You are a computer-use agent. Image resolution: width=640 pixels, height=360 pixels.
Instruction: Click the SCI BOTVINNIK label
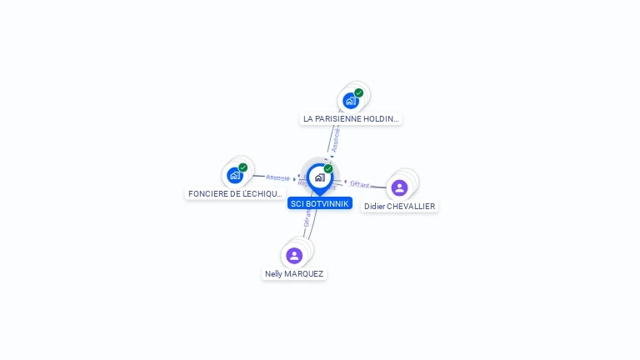pyautogui.click(x=320, y=203)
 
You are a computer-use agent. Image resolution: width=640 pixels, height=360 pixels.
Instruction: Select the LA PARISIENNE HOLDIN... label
pyautogui.click(x=351, y=119)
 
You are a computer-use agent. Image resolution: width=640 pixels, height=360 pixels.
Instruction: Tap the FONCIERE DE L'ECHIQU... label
pyautogui.click(x=235, y=193)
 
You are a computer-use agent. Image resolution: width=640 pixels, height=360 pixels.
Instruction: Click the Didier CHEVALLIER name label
pyautogui.click(x=399, y=206)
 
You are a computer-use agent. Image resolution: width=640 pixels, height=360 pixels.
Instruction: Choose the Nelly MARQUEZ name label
pyautogui.click(x=294, y=273)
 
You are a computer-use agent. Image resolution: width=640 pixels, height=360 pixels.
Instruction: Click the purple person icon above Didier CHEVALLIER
pyautogui.click(x=399, y=187)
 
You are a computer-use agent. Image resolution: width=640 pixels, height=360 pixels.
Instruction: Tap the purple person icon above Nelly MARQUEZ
pyautogui.click(x=294, y=255)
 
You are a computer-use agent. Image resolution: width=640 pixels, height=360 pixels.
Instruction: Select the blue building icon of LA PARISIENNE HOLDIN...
pyautogui.click(x=350, y=101)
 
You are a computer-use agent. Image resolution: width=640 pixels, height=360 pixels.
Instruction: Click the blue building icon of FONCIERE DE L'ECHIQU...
pyautogui.click(x=234, y=175)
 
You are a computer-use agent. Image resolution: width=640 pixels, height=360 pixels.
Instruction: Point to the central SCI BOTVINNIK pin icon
pyautogui.click(x=319, y=177)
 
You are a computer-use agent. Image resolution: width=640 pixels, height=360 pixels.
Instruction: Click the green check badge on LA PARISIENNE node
pyautogui.click(x=358, y=93)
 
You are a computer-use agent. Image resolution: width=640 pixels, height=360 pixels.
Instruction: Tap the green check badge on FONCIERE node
pyautogui.click(x=242, y=167)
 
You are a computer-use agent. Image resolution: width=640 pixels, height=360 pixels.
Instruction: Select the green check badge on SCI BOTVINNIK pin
pyautogui.click(x=328, y=169)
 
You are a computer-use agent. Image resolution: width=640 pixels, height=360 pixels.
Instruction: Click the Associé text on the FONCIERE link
pyautogui.click(x=277, y=177)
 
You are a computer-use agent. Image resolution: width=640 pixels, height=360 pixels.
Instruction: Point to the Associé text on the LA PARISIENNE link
pyautogui.click(x=335, y=140)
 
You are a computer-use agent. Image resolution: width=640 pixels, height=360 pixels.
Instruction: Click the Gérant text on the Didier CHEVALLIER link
pyautogui.click(x=359, y=183)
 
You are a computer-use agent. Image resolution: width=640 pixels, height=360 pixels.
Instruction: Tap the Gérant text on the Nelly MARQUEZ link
pyautogui.click(x=307, y=218)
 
